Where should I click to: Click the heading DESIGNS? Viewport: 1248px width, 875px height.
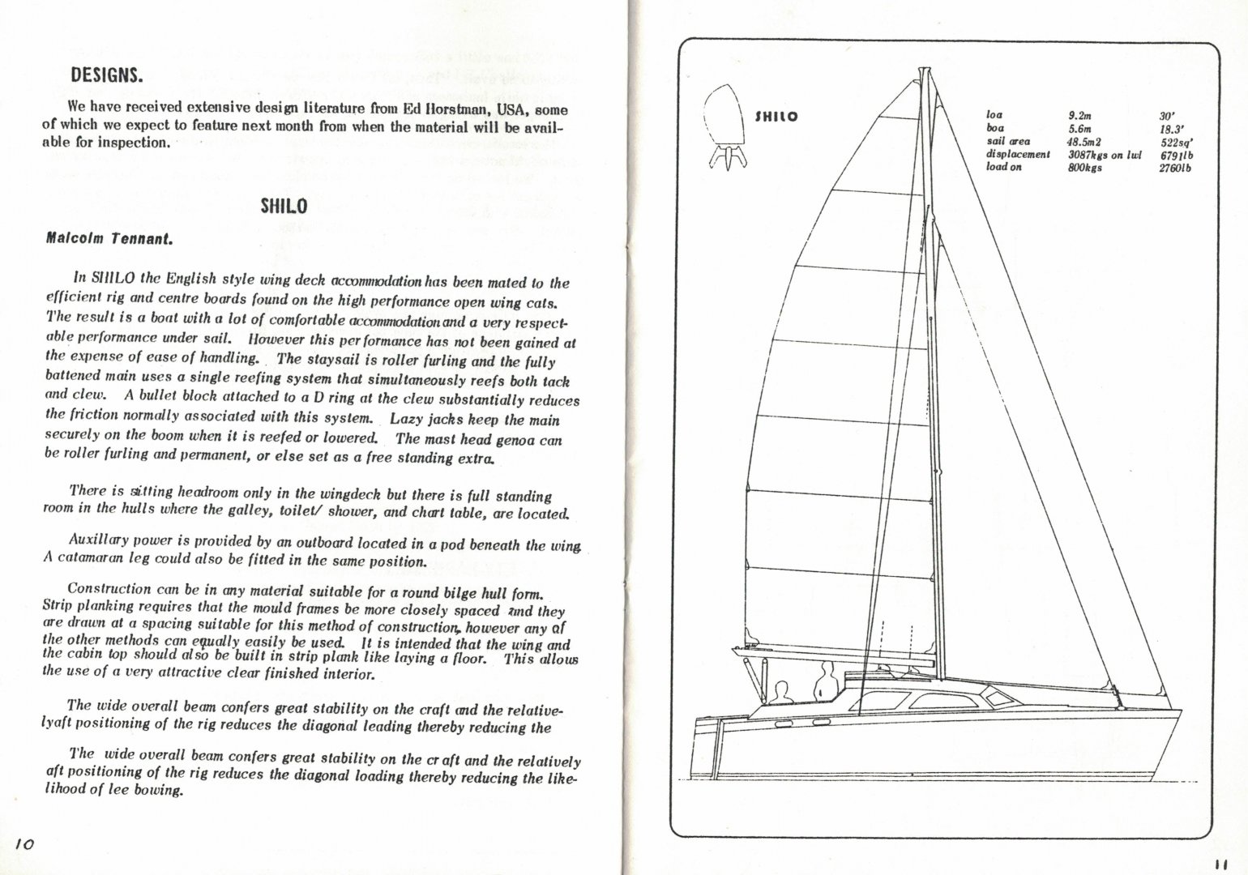pos(107,76)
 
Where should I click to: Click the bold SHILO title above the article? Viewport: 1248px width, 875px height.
pos(283,206)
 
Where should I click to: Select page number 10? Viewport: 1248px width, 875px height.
pos(23,844)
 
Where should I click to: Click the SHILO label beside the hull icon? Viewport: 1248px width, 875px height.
pos(776,117)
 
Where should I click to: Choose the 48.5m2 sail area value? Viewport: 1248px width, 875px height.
pos(1083,141)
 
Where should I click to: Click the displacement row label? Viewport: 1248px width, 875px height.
pos(1017,154)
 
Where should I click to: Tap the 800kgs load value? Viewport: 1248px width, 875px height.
pos(1084,167)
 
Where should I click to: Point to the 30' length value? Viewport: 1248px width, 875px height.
pos(1167,116)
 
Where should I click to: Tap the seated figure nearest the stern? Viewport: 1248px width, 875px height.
pos(781,694)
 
